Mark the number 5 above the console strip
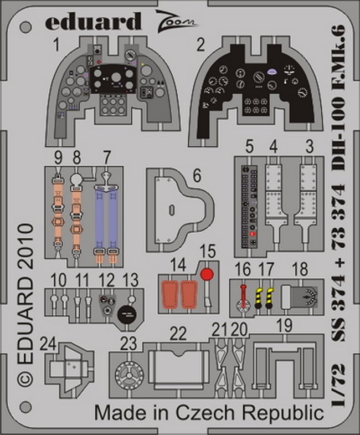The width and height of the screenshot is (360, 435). click(x=250, y=146)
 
